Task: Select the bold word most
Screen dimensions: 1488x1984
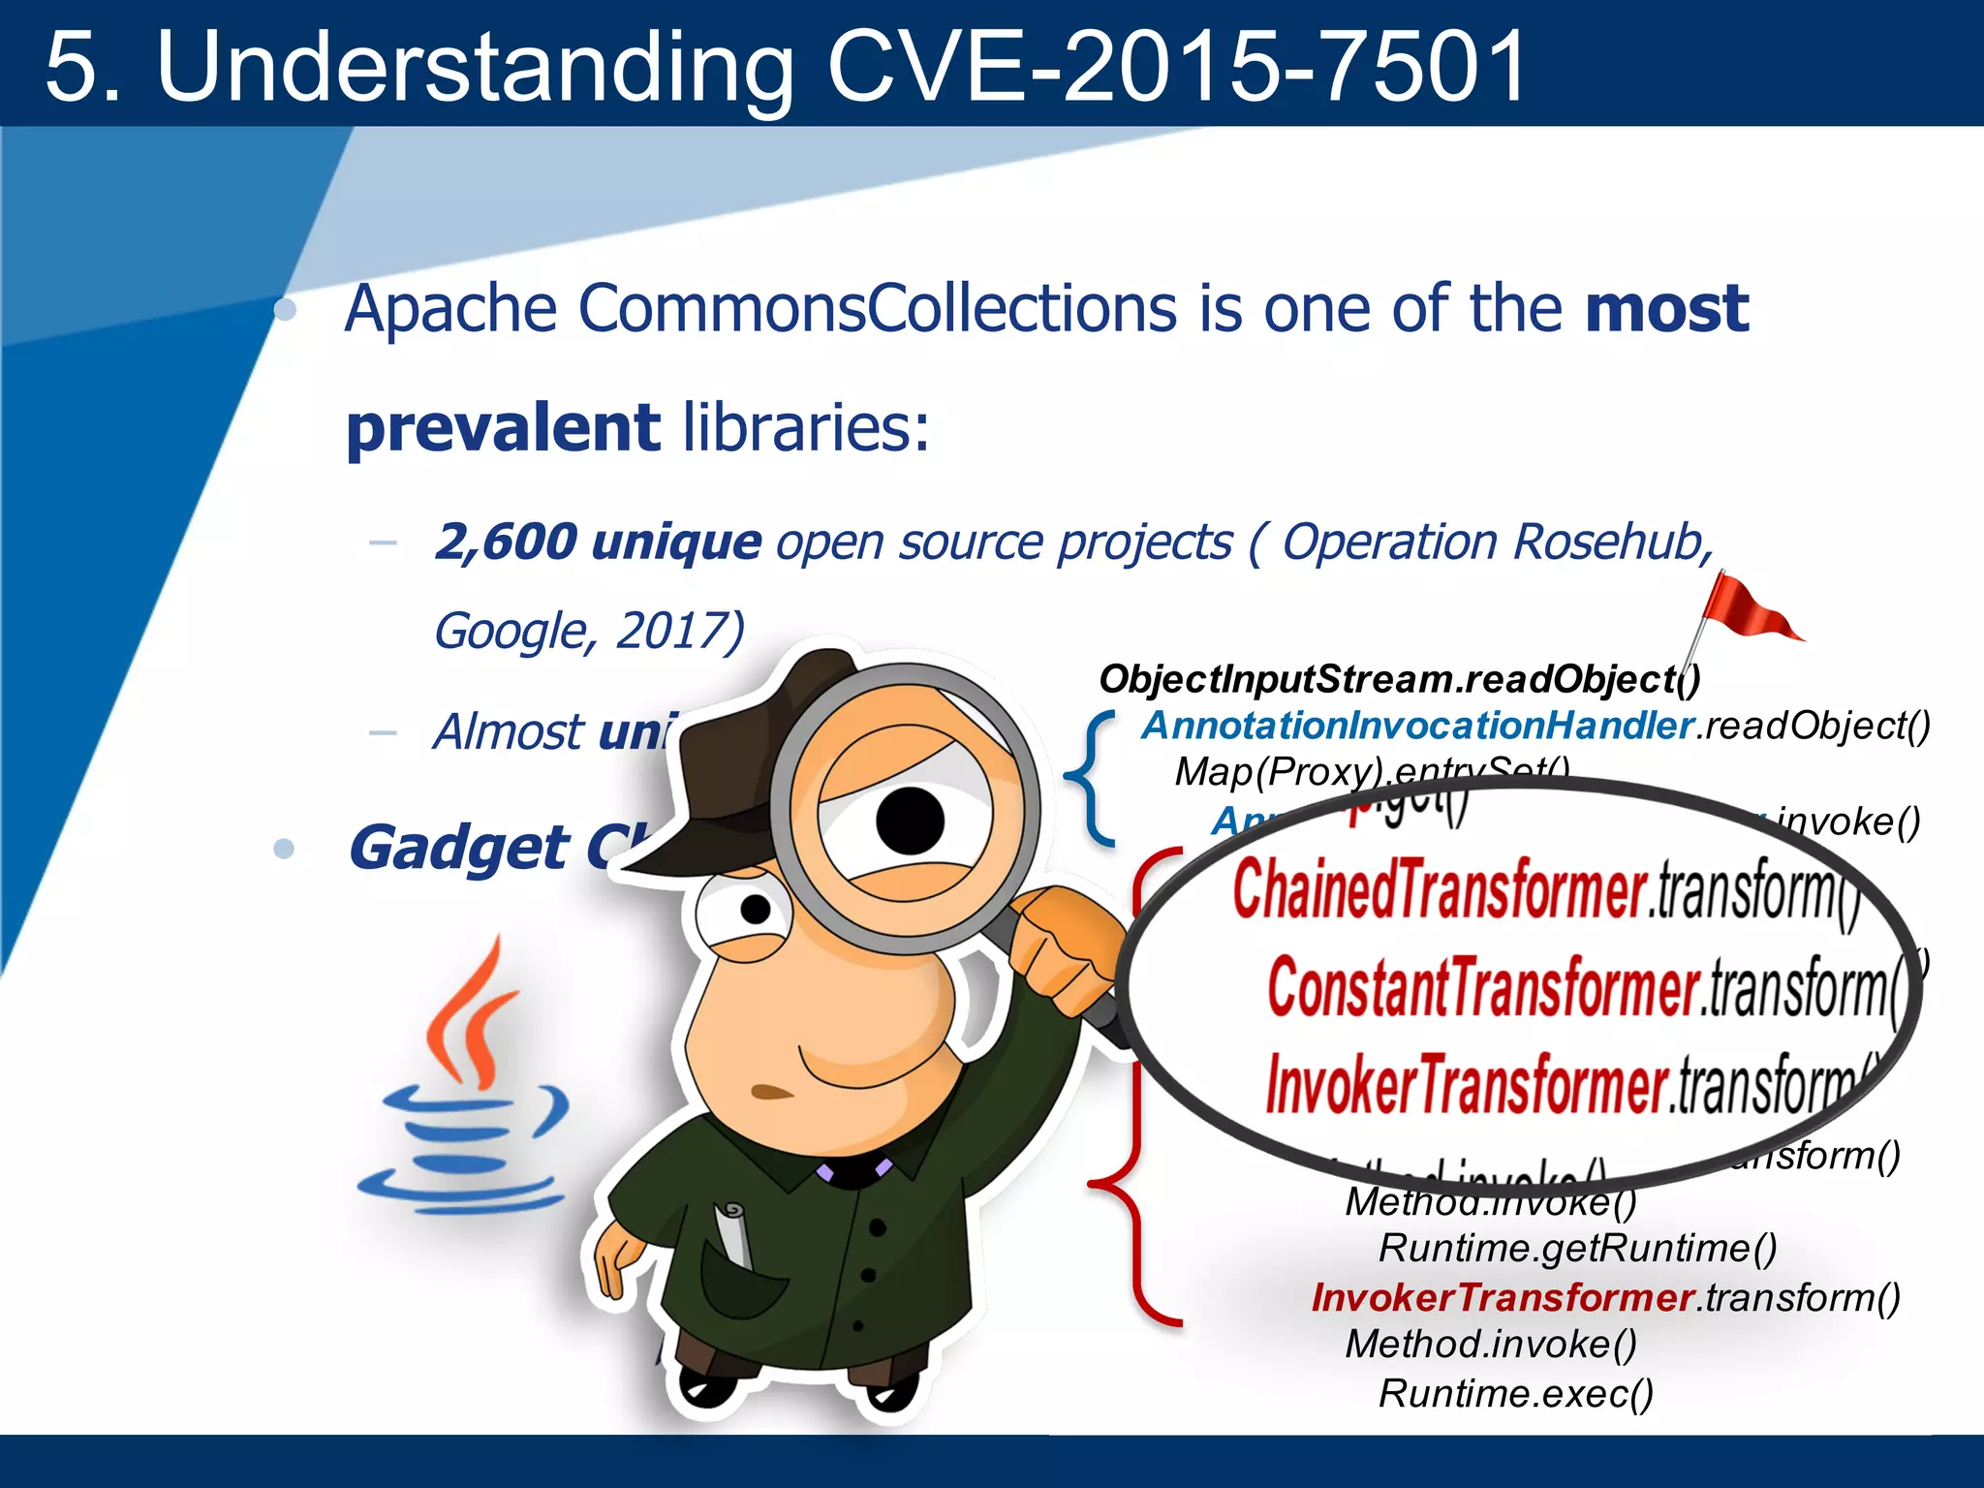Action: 1666,310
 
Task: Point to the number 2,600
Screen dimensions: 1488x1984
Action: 506,542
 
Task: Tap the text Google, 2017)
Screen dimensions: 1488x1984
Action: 589,632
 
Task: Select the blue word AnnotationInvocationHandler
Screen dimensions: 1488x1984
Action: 1416,726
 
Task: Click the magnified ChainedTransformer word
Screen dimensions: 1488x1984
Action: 1439,889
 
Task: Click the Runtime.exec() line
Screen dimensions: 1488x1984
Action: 1515,1393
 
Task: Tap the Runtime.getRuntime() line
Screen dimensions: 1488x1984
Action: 1577,1248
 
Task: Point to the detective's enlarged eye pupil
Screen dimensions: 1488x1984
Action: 910,820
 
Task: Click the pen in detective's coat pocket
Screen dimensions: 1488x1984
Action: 733,1235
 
